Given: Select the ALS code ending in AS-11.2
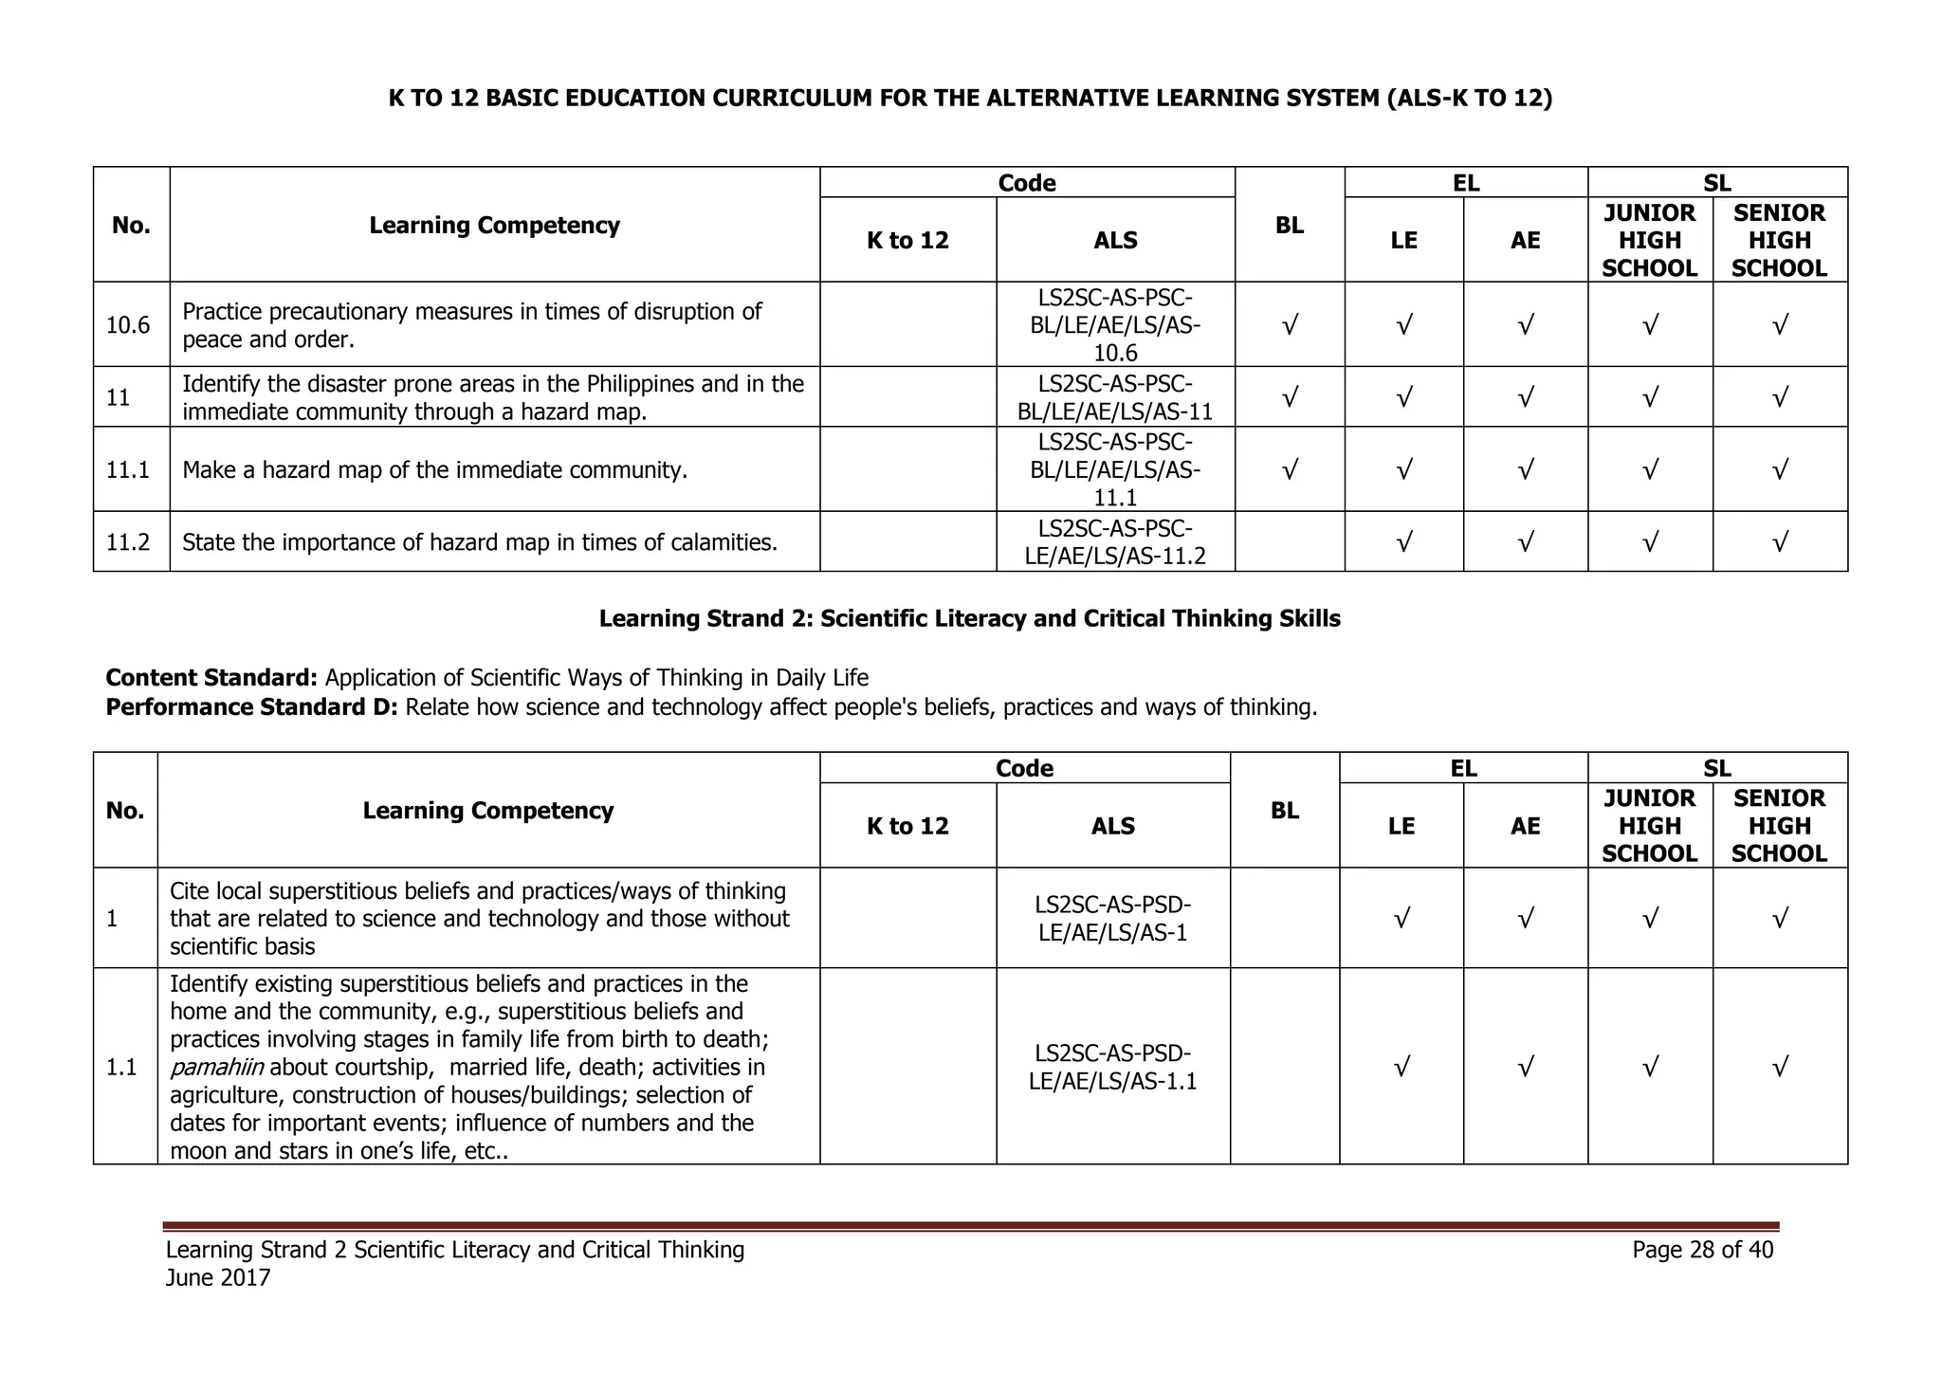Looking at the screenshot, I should (x=1115, y=542).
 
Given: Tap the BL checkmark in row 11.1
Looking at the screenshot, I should (x=1289, y=469).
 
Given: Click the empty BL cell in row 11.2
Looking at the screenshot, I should (x=1290, y=542).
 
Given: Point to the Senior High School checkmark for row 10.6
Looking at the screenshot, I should (x=1779, y=325).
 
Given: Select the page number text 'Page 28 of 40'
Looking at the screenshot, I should (x=1702, y=1250).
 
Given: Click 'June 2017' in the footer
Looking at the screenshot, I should (x=218, y=1278).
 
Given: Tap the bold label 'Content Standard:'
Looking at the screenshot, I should (x=211, y=678).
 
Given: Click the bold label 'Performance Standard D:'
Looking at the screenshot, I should (x=251, y=707).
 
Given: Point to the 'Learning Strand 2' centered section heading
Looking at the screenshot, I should (x=969, y=619).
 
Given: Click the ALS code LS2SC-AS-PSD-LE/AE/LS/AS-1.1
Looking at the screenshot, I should (x=1112, y=1067).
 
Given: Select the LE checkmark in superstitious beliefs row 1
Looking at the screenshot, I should (x=1402, y=918).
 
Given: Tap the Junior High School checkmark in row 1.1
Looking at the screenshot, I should (x=1650, y=1068).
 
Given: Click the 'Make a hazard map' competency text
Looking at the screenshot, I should (x=434, y=470).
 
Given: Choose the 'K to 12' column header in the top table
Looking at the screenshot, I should (x=907, y=241).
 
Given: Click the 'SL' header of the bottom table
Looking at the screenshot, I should (x=1716, y=768).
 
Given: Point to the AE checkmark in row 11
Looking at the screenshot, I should (x=1525, y=397).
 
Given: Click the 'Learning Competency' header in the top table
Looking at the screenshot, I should (x=494, y=226).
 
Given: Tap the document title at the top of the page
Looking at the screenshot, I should (x=970, y=99).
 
